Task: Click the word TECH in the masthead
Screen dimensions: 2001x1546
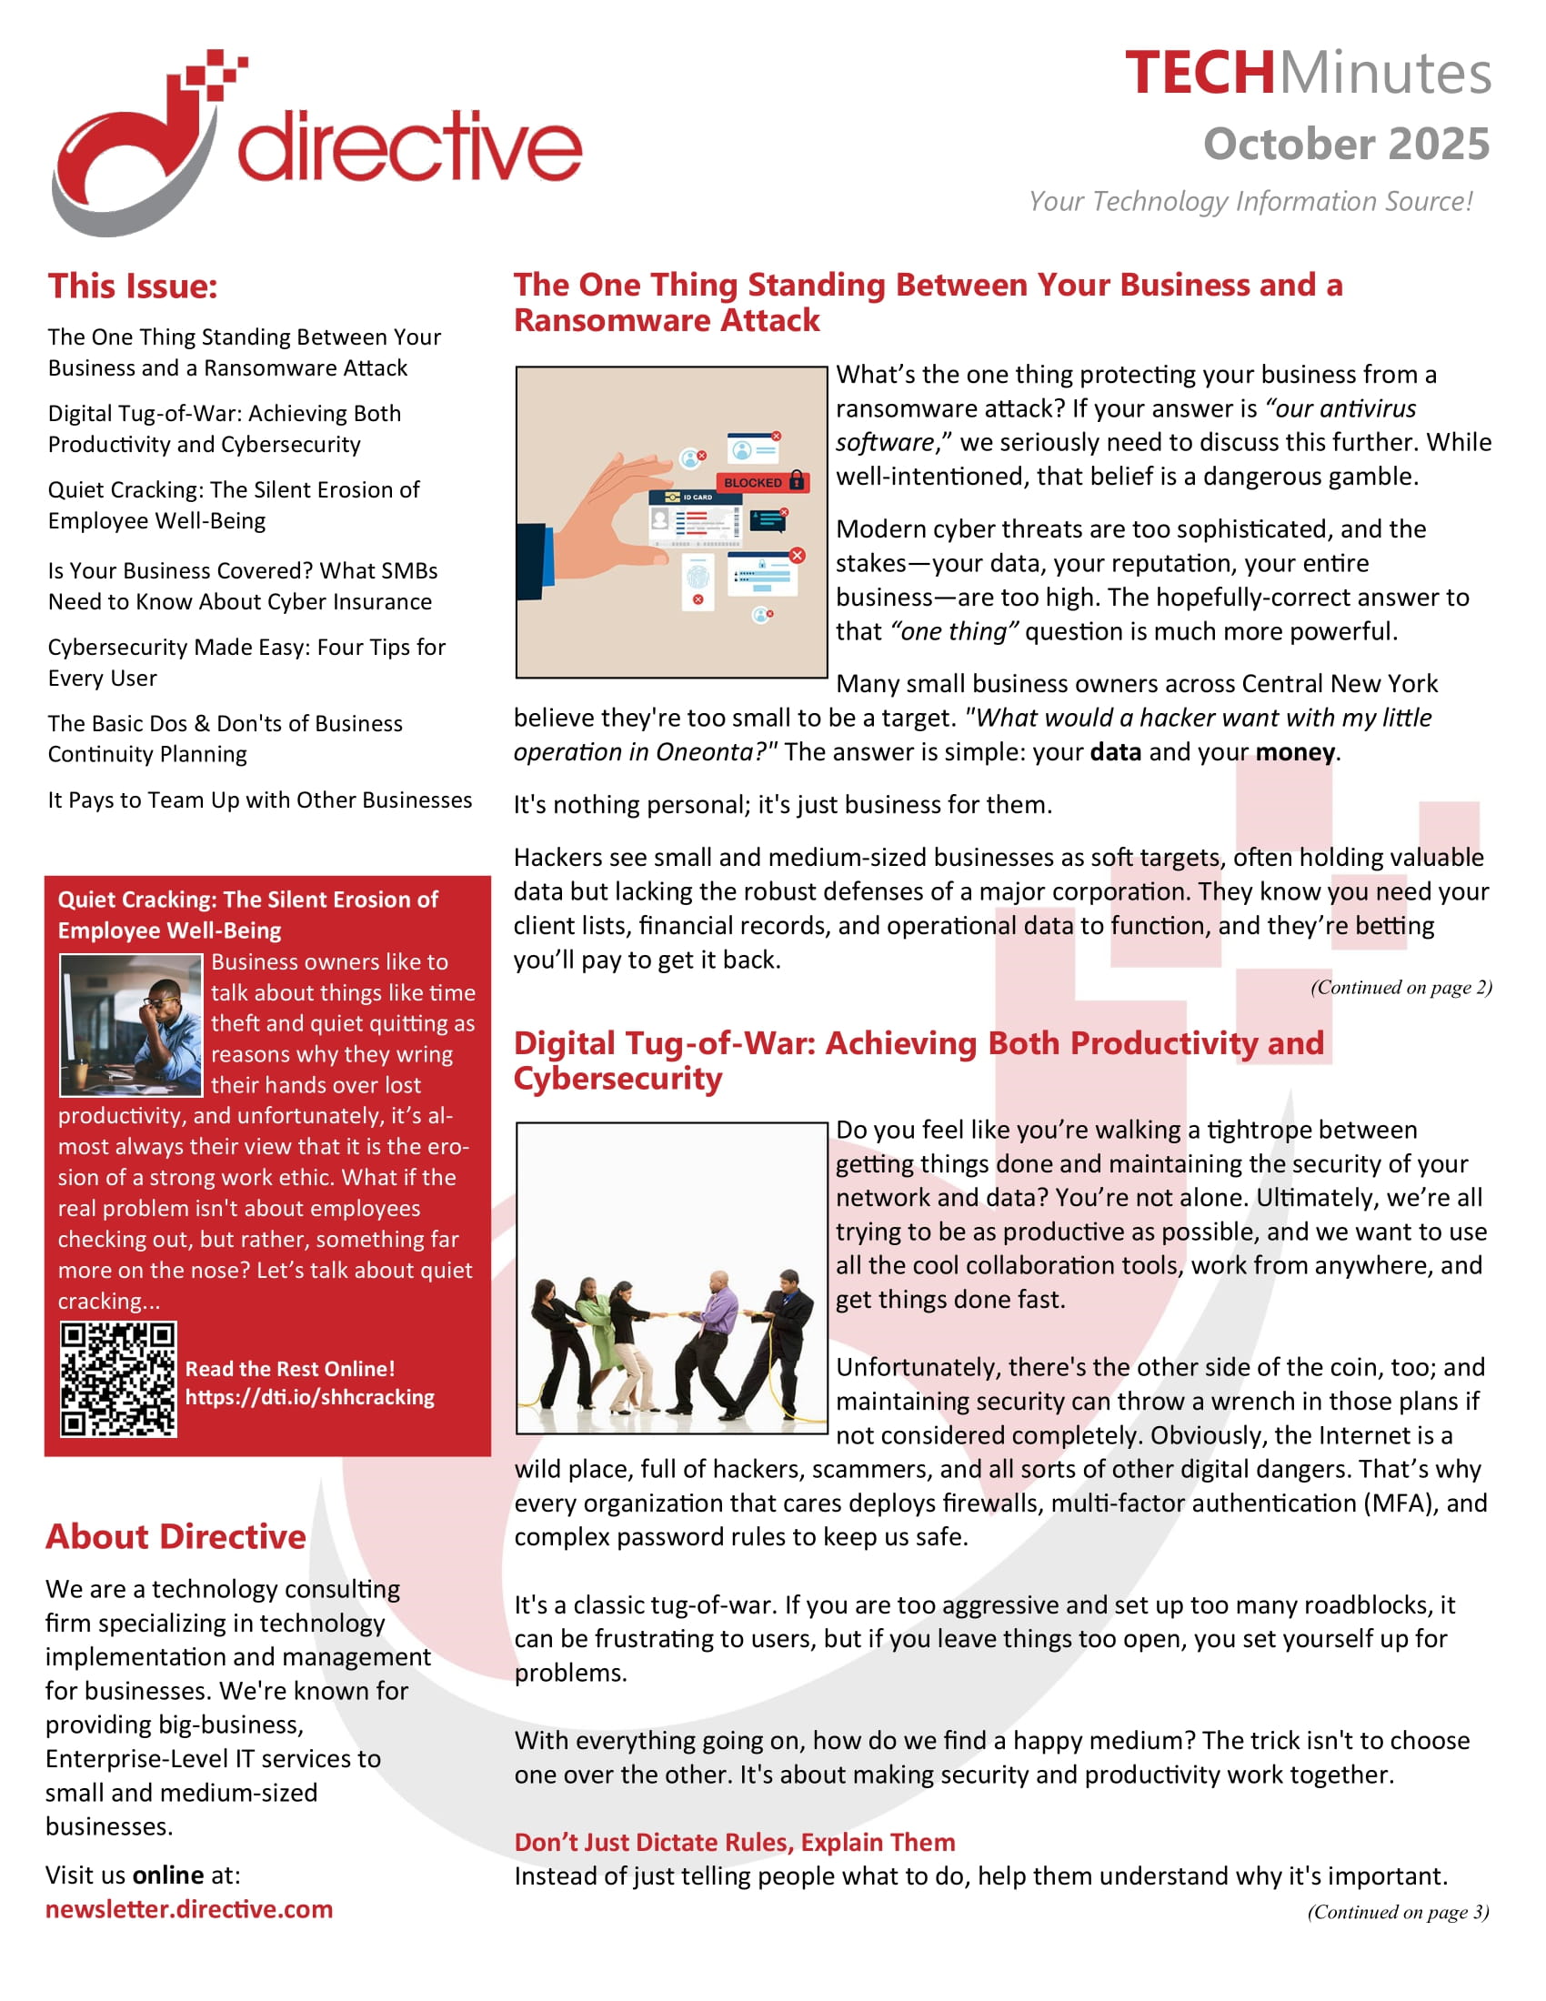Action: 1199,74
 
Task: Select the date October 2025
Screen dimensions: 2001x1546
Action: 1345,145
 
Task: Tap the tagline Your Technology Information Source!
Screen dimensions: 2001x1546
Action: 1250,202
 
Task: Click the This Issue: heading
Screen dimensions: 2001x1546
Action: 133,287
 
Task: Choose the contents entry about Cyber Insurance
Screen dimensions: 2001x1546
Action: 242,587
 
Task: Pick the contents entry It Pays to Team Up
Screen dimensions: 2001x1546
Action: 260,800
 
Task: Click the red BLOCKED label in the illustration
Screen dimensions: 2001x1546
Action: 754,482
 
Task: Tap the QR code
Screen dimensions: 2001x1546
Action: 118,1379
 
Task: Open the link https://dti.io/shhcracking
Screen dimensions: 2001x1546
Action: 309,1397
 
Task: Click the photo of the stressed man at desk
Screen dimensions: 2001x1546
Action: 131,1024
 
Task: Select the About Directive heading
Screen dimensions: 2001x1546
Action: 176,1536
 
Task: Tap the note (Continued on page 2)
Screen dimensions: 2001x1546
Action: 1400,988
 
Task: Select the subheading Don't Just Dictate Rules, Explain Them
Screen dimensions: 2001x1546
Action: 735,1843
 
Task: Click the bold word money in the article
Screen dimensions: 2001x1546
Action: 1294,752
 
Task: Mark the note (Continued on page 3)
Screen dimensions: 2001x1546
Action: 1398,1912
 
